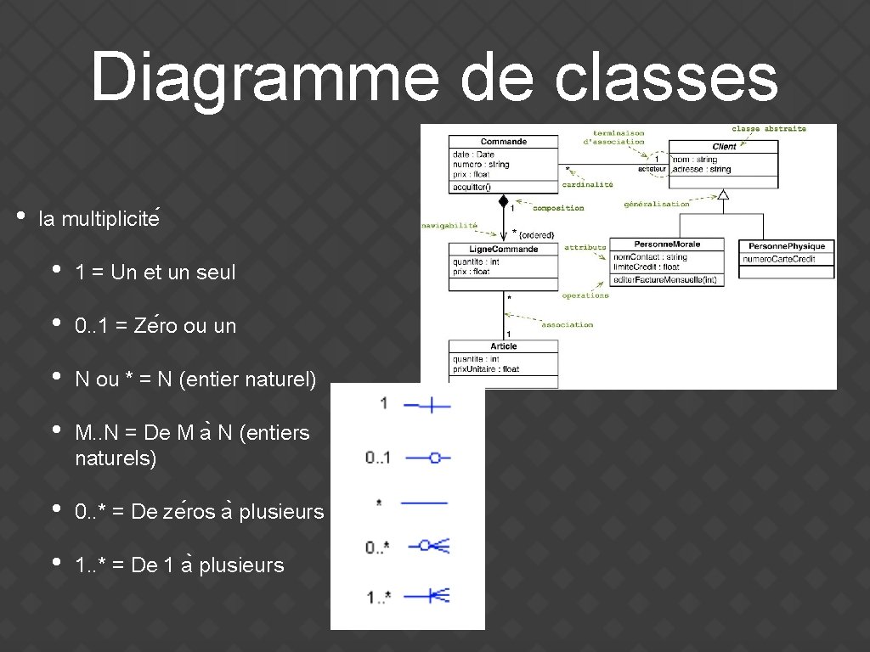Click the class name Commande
tap(503, 142)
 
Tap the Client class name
tap(724, 146)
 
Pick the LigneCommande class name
tap(503, 249)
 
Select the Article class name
tap(503, 346)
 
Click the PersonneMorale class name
tap(667, 244)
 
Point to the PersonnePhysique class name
tap(787, 246)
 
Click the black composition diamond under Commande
tap(503, 202)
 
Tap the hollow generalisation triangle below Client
tap(723, 194)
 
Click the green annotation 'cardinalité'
tap(587, 184)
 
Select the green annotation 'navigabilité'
tap(449, 225)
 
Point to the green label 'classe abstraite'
tap(768, 129)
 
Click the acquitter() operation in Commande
tap(472, 187)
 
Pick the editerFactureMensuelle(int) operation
tap(665, 279)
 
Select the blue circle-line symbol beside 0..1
tap(427, 458)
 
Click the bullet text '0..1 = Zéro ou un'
tap(155, 326)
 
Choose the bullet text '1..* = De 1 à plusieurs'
tap(179, 565)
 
